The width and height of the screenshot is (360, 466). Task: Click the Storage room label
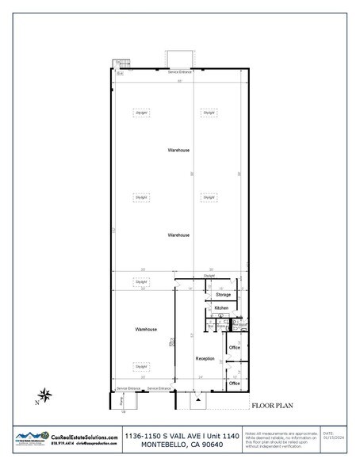pos(223,295)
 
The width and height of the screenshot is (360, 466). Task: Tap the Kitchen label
pos(221,308)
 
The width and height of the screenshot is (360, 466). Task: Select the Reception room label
pos(206,359)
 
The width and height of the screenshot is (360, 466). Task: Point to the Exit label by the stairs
pos(121,73)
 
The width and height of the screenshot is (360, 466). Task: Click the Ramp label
pos(121,401)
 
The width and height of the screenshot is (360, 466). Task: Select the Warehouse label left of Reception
pos(145,329)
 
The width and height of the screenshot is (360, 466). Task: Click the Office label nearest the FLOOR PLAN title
pos(234,384)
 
